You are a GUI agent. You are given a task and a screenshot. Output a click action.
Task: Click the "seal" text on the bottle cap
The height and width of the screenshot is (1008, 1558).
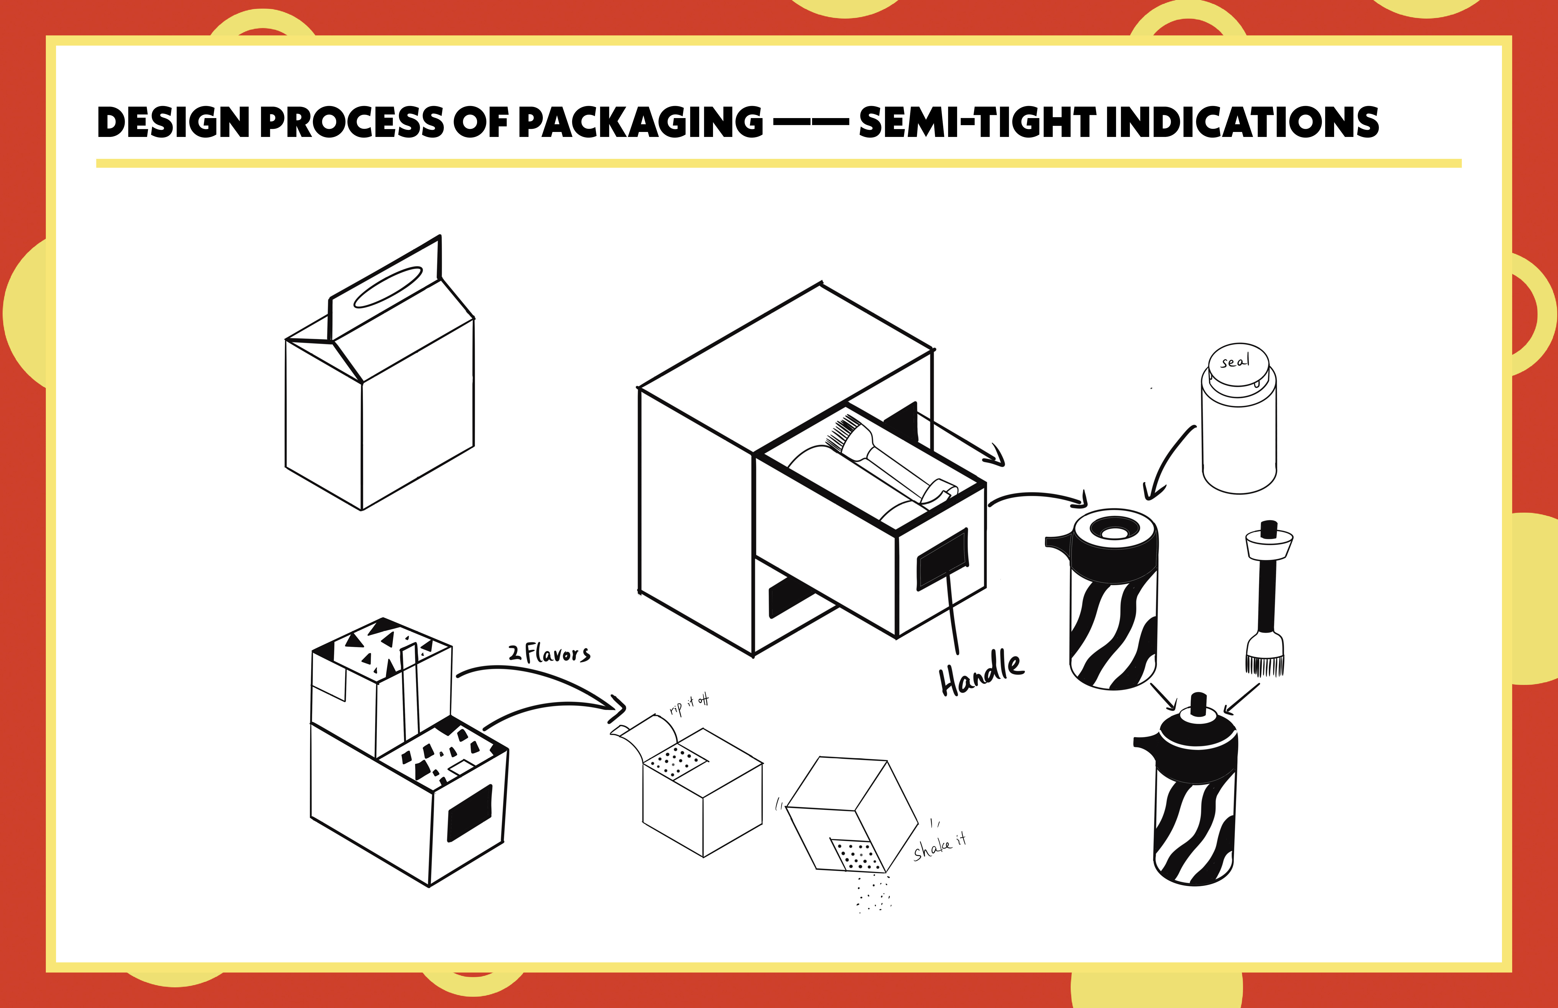[x=1235, y=361]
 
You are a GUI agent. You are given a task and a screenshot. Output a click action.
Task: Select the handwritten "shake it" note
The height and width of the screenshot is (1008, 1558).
[x=940, y=846]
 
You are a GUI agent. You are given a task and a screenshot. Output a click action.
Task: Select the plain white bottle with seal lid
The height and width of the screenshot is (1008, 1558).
[x=1239, y=432]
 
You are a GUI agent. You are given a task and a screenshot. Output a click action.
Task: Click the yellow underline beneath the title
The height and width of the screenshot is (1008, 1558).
[x=779, y=163]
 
